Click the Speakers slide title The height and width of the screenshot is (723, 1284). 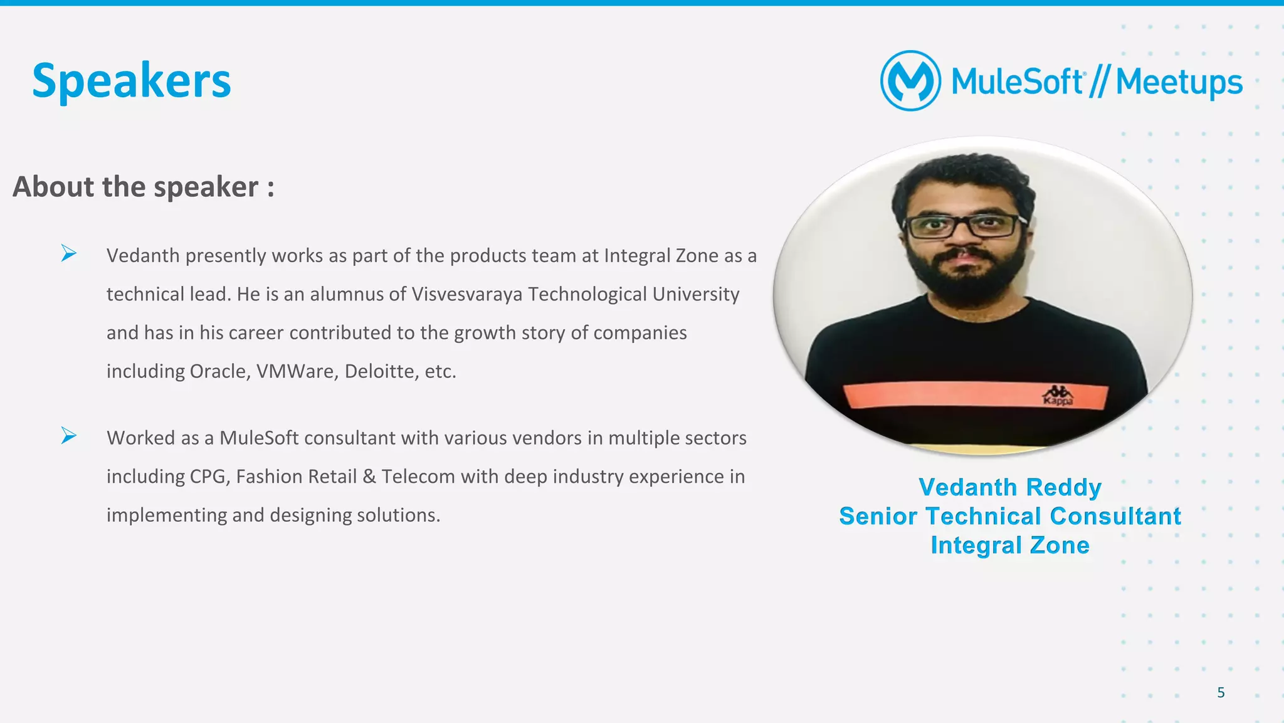[x=132, y=81]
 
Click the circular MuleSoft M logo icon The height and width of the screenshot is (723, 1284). [x=910, y=81]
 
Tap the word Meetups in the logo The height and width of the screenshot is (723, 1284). [x=1179, y=82]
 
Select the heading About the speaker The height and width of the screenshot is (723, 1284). [x=143, y=187]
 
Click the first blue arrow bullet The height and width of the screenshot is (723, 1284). [x=68, y=253]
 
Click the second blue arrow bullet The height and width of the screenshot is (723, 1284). [x=68, y=435]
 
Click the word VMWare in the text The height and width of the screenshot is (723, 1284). [x=297, y=371]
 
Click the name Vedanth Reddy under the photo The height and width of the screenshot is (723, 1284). [x=1009, y=487]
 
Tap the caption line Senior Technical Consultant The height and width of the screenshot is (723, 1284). [x=1009, y=516]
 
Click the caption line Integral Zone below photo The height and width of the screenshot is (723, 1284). [x=1009, y=545]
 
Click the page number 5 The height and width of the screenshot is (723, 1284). [x=1221, y=692]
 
